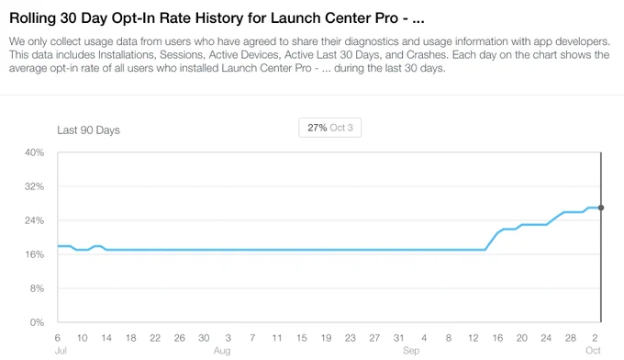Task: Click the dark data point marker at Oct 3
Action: click(601, 208)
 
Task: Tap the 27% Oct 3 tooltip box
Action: click(330, 128)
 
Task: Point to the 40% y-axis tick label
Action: click(35, 152)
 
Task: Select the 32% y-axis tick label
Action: click(35, 186)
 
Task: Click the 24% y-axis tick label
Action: click(35, 220)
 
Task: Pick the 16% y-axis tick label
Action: click(35, 254)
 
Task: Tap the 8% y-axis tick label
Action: click(37, 288)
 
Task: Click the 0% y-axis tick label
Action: click(37, 322)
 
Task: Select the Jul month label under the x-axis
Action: click(61, 351)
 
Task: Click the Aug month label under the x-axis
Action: click(222, 351)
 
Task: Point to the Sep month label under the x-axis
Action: click(411, 351)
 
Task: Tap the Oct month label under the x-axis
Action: click(593, 351)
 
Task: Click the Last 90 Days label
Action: click(88, 130)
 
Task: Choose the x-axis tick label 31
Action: click(399, 338)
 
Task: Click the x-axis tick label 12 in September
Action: click(474, 338)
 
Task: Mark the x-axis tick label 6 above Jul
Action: click(57, 338)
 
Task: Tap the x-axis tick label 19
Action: click(327, 338)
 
